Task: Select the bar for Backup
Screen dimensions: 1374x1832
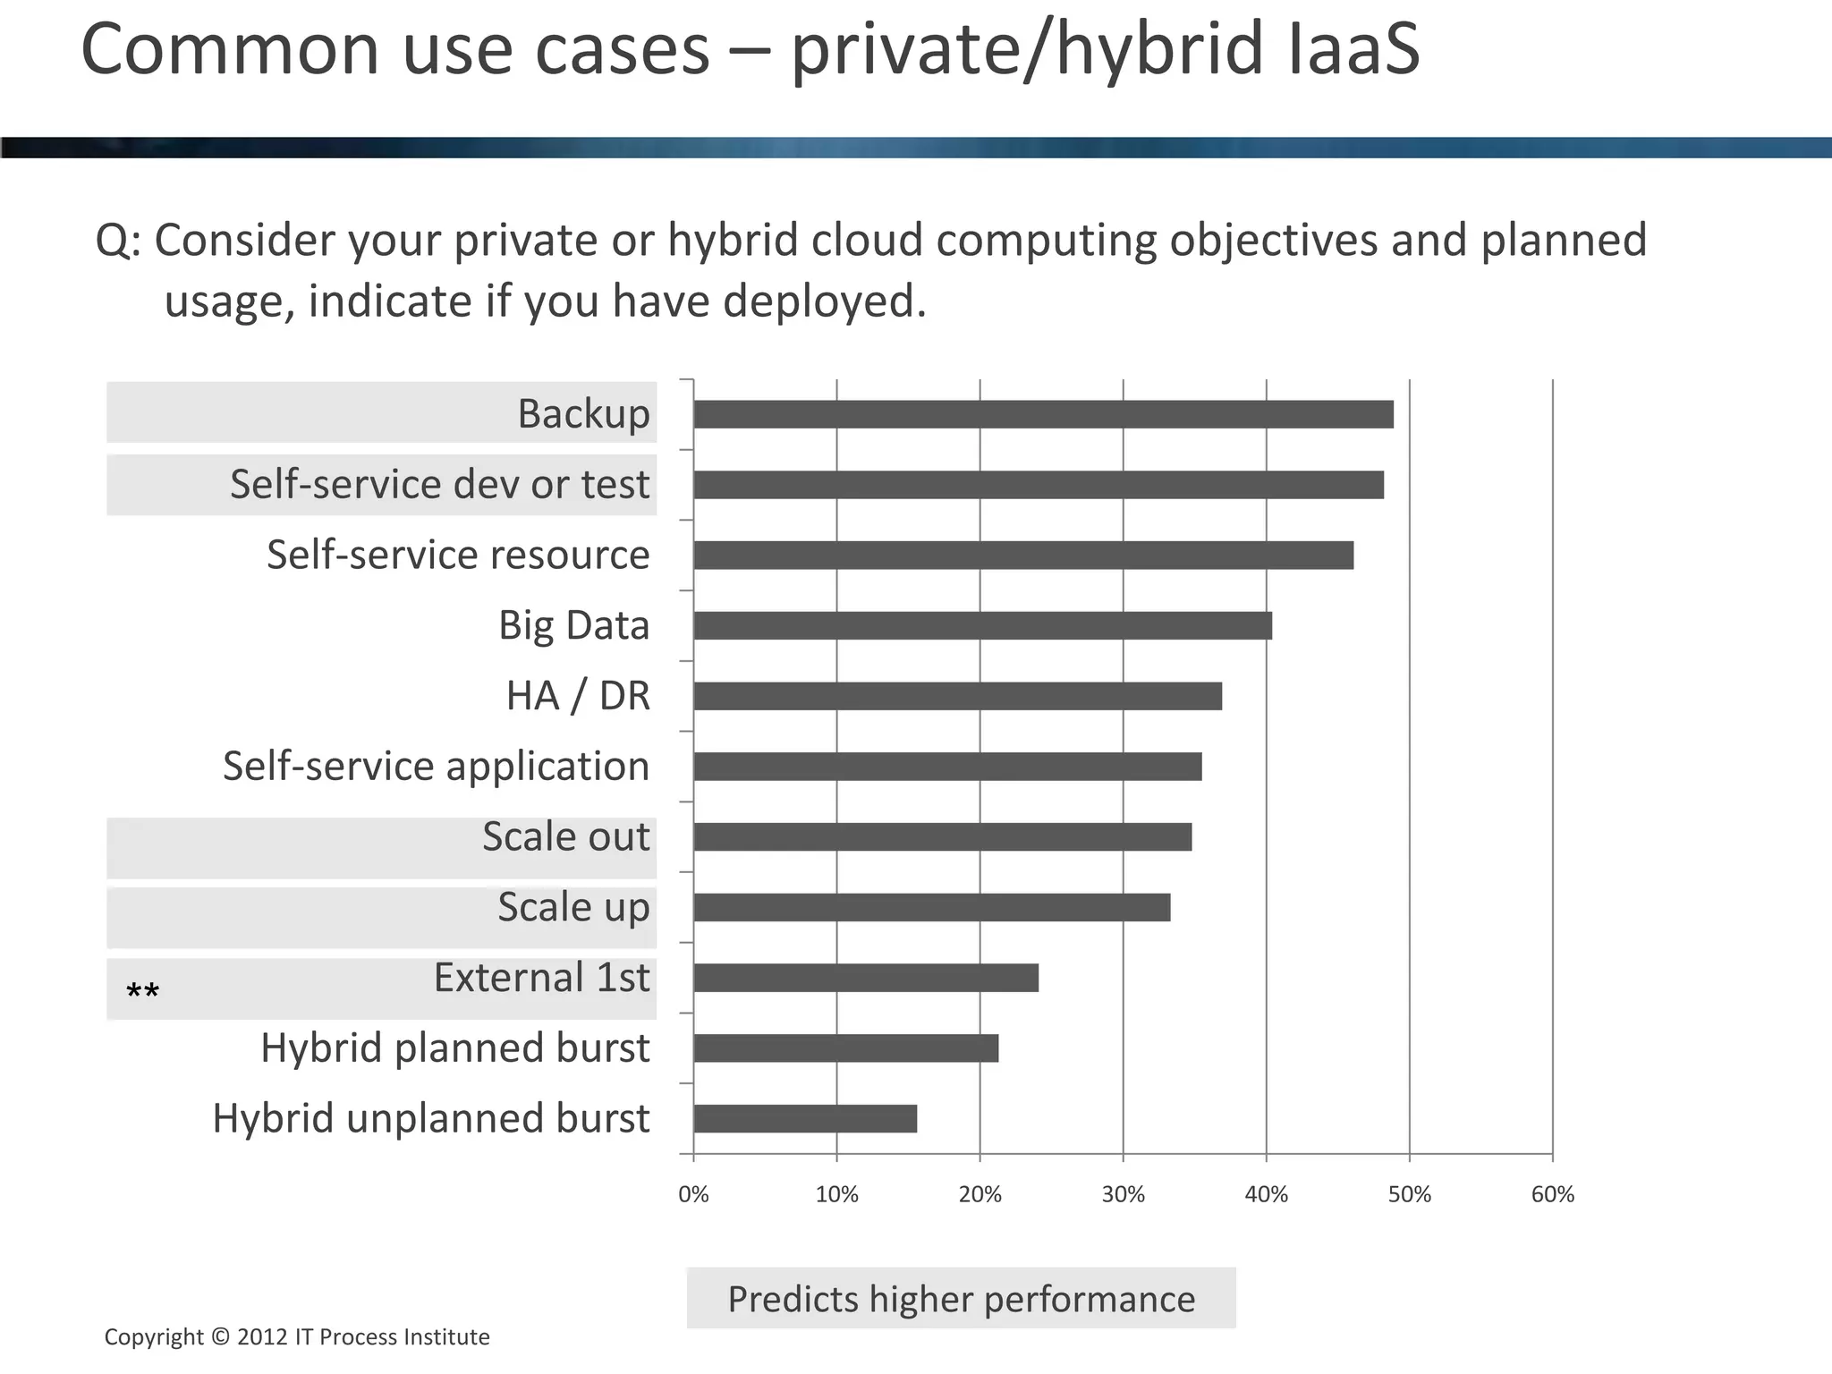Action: click(x=1043, y=414)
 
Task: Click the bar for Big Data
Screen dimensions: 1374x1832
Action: click(x=982, y=626)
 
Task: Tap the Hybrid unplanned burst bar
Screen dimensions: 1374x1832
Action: click(x=805, y=1119)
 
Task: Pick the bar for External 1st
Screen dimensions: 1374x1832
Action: click(x=866, y=979)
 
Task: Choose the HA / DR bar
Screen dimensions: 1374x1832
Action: click(x=957, y=696)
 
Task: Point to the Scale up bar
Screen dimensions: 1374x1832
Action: click(x=931, y=908)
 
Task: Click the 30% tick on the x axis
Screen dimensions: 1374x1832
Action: click(x=1123, y=1194)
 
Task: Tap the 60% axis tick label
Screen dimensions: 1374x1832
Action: click(x=1552, y=1194)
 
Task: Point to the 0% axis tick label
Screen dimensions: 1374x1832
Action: click(x=693, y=1194)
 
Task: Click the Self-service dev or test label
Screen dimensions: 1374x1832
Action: click(x=439, y=484)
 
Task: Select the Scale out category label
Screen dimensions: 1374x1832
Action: click(x=565, y=837)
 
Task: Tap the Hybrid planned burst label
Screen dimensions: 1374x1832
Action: click(x=454, y=1048)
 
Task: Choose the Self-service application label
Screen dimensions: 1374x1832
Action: click(x=436, y=767)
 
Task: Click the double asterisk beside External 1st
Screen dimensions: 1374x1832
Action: click(x=143, y=992)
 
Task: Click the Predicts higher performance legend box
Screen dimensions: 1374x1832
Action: click(x=961, y=1298)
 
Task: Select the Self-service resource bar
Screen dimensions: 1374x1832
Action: click(x=1023, y=556)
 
